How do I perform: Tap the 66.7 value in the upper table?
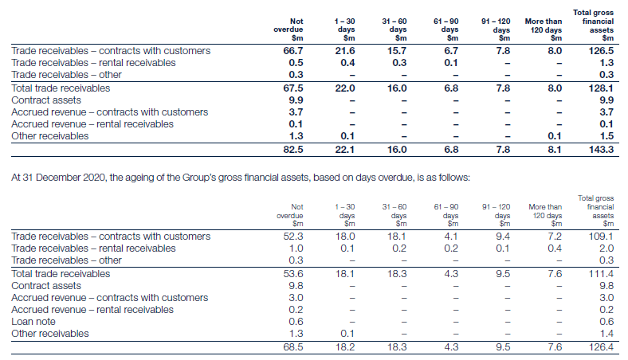pyautogui.click(x=292, y=51)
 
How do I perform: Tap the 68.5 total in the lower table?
pyautogui.click(x=292, y=346)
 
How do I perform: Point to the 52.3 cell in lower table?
pyautogui.click(x=292, y=237)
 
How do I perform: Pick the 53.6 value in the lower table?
pyautogui.click(x=292, y=273)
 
